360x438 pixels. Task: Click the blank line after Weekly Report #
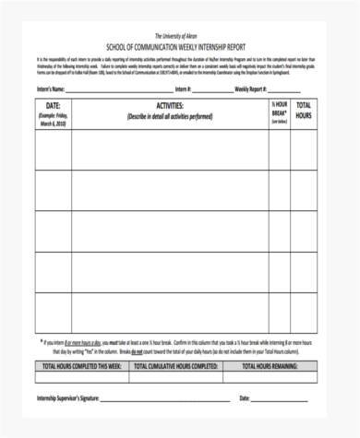click(x=296, y=90)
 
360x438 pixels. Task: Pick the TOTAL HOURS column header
click(x=305, y=112)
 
